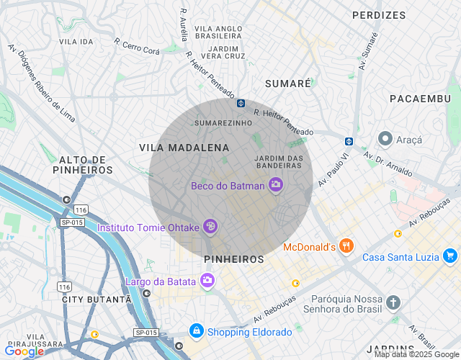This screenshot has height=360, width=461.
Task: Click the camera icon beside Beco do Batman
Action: tap(275, 186)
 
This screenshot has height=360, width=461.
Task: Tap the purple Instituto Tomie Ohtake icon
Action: tap(210, 227)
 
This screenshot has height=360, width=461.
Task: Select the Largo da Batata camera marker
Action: tap(207, 281)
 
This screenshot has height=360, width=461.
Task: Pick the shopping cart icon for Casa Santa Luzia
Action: tap(450, 256)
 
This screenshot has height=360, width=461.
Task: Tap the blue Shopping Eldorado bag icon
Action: tap(196, 331)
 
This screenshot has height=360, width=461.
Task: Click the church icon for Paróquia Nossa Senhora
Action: tap(393, 302)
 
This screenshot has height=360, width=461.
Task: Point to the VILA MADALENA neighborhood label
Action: tap(184, 148)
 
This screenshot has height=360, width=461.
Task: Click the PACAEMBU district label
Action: tap(419, 97)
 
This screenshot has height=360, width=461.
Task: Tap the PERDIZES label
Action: tap(379, 14)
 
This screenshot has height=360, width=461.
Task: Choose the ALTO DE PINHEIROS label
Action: tap(83, 165)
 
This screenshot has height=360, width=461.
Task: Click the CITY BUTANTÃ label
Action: tap(97, 298)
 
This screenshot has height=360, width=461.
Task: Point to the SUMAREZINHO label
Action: tap(223, 123)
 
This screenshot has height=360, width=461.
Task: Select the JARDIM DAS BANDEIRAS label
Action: tap(278, 163)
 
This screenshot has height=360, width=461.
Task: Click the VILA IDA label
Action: tap(76, 42)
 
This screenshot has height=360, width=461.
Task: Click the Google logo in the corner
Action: tap(24, 351)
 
